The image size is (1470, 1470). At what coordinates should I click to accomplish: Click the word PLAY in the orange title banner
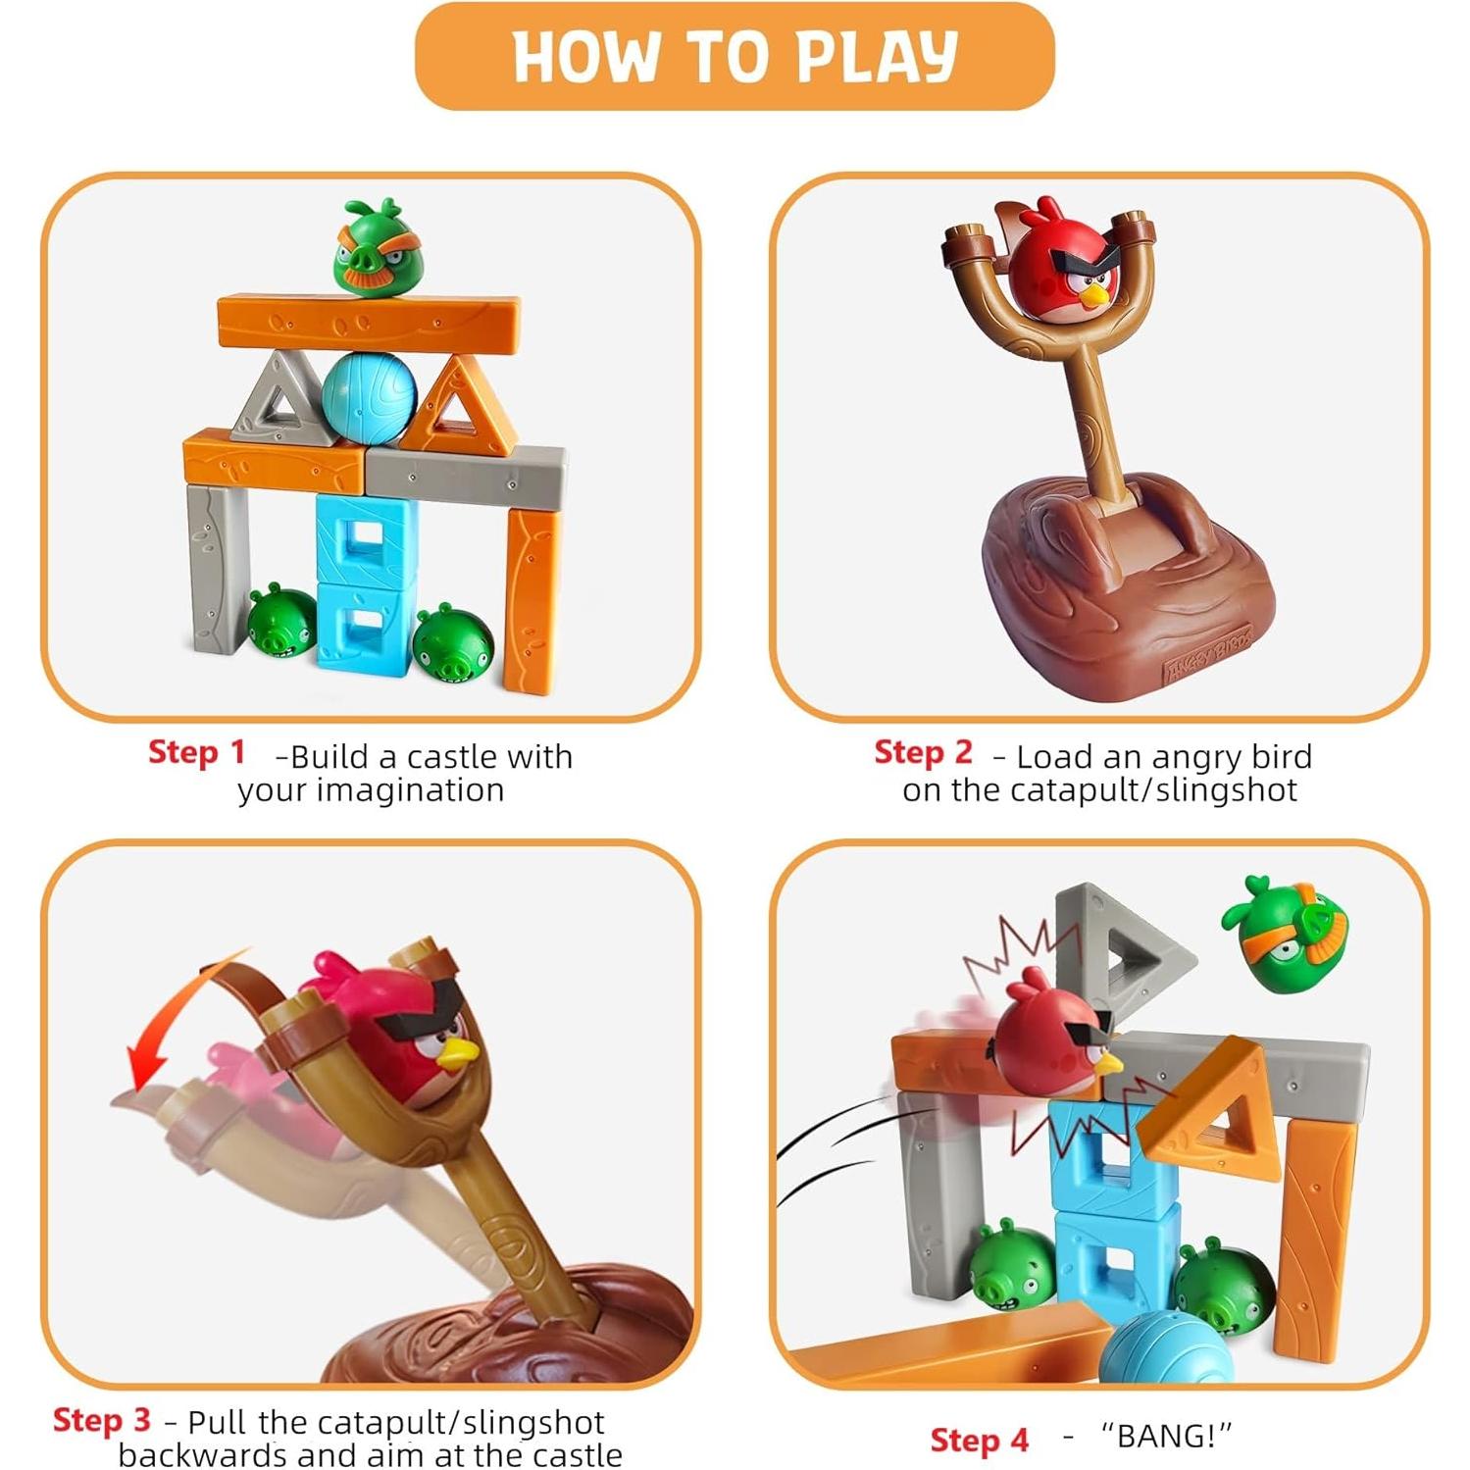point(877,57)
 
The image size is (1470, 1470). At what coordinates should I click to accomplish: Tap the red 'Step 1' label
point(196,752)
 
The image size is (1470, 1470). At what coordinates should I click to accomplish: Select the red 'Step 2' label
point(923,752)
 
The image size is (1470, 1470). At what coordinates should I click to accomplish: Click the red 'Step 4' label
point(979,1440)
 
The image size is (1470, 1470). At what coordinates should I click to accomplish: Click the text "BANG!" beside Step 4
point(1165,1437)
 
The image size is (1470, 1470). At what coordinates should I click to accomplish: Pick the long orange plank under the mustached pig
point(369,322)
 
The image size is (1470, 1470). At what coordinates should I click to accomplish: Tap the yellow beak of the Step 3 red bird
point(457,1055)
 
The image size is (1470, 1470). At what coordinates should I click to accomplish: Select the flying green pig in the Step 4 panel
point(1285,932)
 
